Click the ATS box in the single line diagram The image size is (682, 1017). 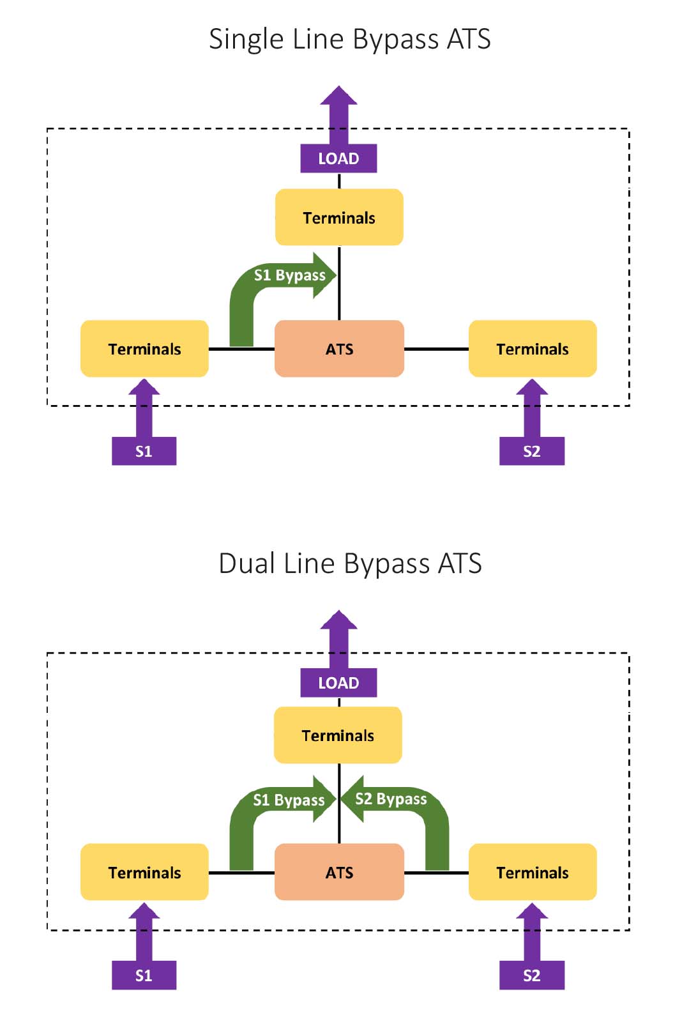pos(339,349)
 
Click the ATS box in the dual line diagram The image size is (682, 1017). pos(339,872)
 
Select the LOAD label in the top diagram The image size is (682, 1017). pos(338,158)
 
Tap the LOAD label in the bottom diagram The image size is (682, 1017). pos(338,683)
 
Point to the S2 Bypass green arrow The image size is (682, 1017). pos(391,799)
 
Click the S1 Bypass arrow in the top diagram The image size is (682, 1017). pos(289,275)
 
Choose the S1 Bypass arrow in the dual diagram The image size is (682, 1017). pos(289,800)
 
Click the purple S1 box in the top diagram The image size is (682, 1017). pos(144,451)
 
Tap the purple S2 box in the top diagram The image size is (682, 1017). pos(531,451)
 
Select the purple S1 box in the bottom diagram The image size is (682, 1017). pos(144,975)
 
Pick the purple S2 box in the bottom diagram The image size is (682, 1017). pos(531,975)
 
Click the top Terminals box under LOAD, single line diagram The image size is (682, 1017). pos(339,217)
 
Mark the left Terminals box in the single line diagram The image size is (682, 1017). pos(144,349)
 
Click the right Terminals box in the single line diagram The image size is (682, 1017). pos(533,349)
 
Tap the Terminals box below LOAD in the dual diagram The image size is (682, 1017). pos(338,735)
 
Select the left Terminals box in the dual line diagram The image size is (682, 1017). pos(144,872)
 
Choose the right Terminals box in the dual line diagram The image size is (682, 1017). pos(533,872)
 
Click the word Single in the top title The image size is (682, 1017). pos(246,40)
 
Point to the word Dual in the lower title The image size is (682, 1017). pos(246,563)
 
